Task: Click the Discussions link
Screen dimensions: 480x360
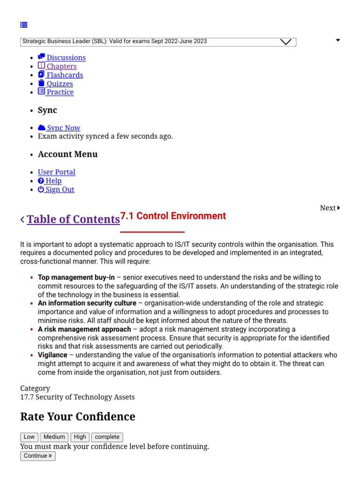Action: pos(62,58)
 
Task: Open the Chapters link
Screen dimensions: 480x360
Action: pos(57,66)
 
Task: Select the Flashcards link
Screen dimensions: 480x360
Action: pos(60,75)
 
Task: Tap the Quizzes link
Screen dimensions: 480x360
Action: pos(55,83)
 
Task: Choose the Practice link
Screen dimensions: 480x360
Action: pos(56,92)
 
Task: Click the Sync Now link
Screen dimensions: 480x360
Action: pos(59,128)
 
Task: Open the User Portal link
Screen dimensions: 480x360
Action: pos(57,172)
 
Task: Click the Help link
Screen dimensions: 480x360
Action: pos(50,181)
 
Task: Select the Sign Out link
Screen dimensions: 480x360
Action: pos(56,189)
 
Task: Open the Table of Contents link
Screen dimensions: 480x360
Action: pos(73,219)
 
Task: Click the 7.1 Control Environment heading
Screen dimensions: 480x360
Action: pos(173,216)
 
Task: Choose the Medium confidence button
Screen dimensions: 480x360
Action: pos(54,437)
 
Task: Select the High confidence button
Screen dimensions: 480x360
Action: pos(80,437)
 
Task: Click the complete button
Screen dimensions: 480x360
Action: pos(107,437)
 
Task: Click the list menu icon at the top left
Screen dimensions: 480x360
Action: pos(24,25)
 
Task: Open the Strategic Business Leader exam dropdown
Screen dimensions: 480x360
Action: pos(158,42)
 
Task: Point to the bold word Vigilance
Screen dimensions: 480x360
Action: pos(52,355)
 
